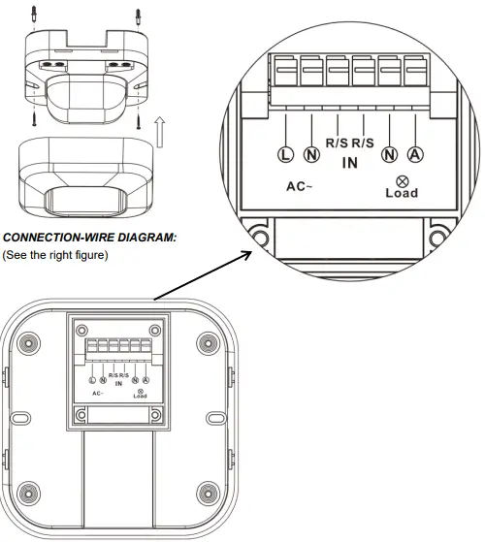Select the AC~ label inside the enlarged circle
(x=297, y=184)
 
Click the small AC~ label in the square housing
(x=98, y=393)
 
